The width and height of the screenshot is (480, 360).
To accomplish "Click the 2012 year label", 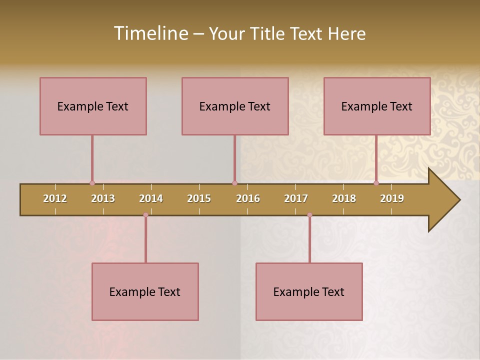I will (55, 198).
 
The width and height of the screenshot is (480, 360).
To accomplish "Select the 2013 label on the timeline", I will (103, 198).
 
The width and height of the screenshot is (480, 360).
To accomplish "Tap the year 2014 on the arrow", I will (151, 198).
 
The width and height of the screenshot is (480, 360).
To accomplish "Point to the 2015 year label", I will (199, 198).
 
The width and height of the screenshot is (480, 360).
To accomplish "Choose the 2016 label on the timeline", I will (248, 198).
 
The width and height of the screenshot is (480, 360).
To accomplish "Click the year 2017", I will (296, 198).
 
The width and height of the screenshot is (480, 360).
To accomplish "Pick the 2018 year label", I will (344, 198).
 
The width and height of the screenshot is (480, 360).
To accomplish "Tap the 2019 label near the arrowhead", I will (392, 198).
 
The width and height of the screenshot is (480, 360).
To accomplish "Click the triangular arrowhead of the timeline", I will (443, 200).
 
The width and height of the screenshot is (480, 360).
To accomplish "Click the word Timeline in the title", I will (150, 33).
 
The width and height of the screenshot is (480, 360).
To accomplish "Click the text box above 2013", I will (93, 106).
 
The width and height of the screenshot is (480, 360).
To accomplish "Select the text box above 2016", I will (235, 106).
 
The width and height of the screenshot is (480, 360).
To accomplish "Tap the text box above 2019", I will (377, 106).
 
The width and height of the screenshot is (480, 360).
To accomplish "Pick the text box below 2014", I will (145, 291).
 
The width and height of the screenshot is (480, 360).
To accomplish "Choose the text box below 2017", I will (309, 291).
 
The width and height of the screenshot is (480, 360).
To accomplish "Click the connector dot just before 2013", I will (92, 183).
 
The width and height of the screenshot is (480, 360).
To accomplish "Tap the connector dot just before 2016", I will (234, 183).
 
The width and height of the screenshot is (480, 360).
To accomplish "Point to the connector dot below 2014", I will (145, 215).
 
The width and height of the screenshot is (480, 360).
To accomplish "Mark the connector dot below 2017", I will (309, 215).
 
